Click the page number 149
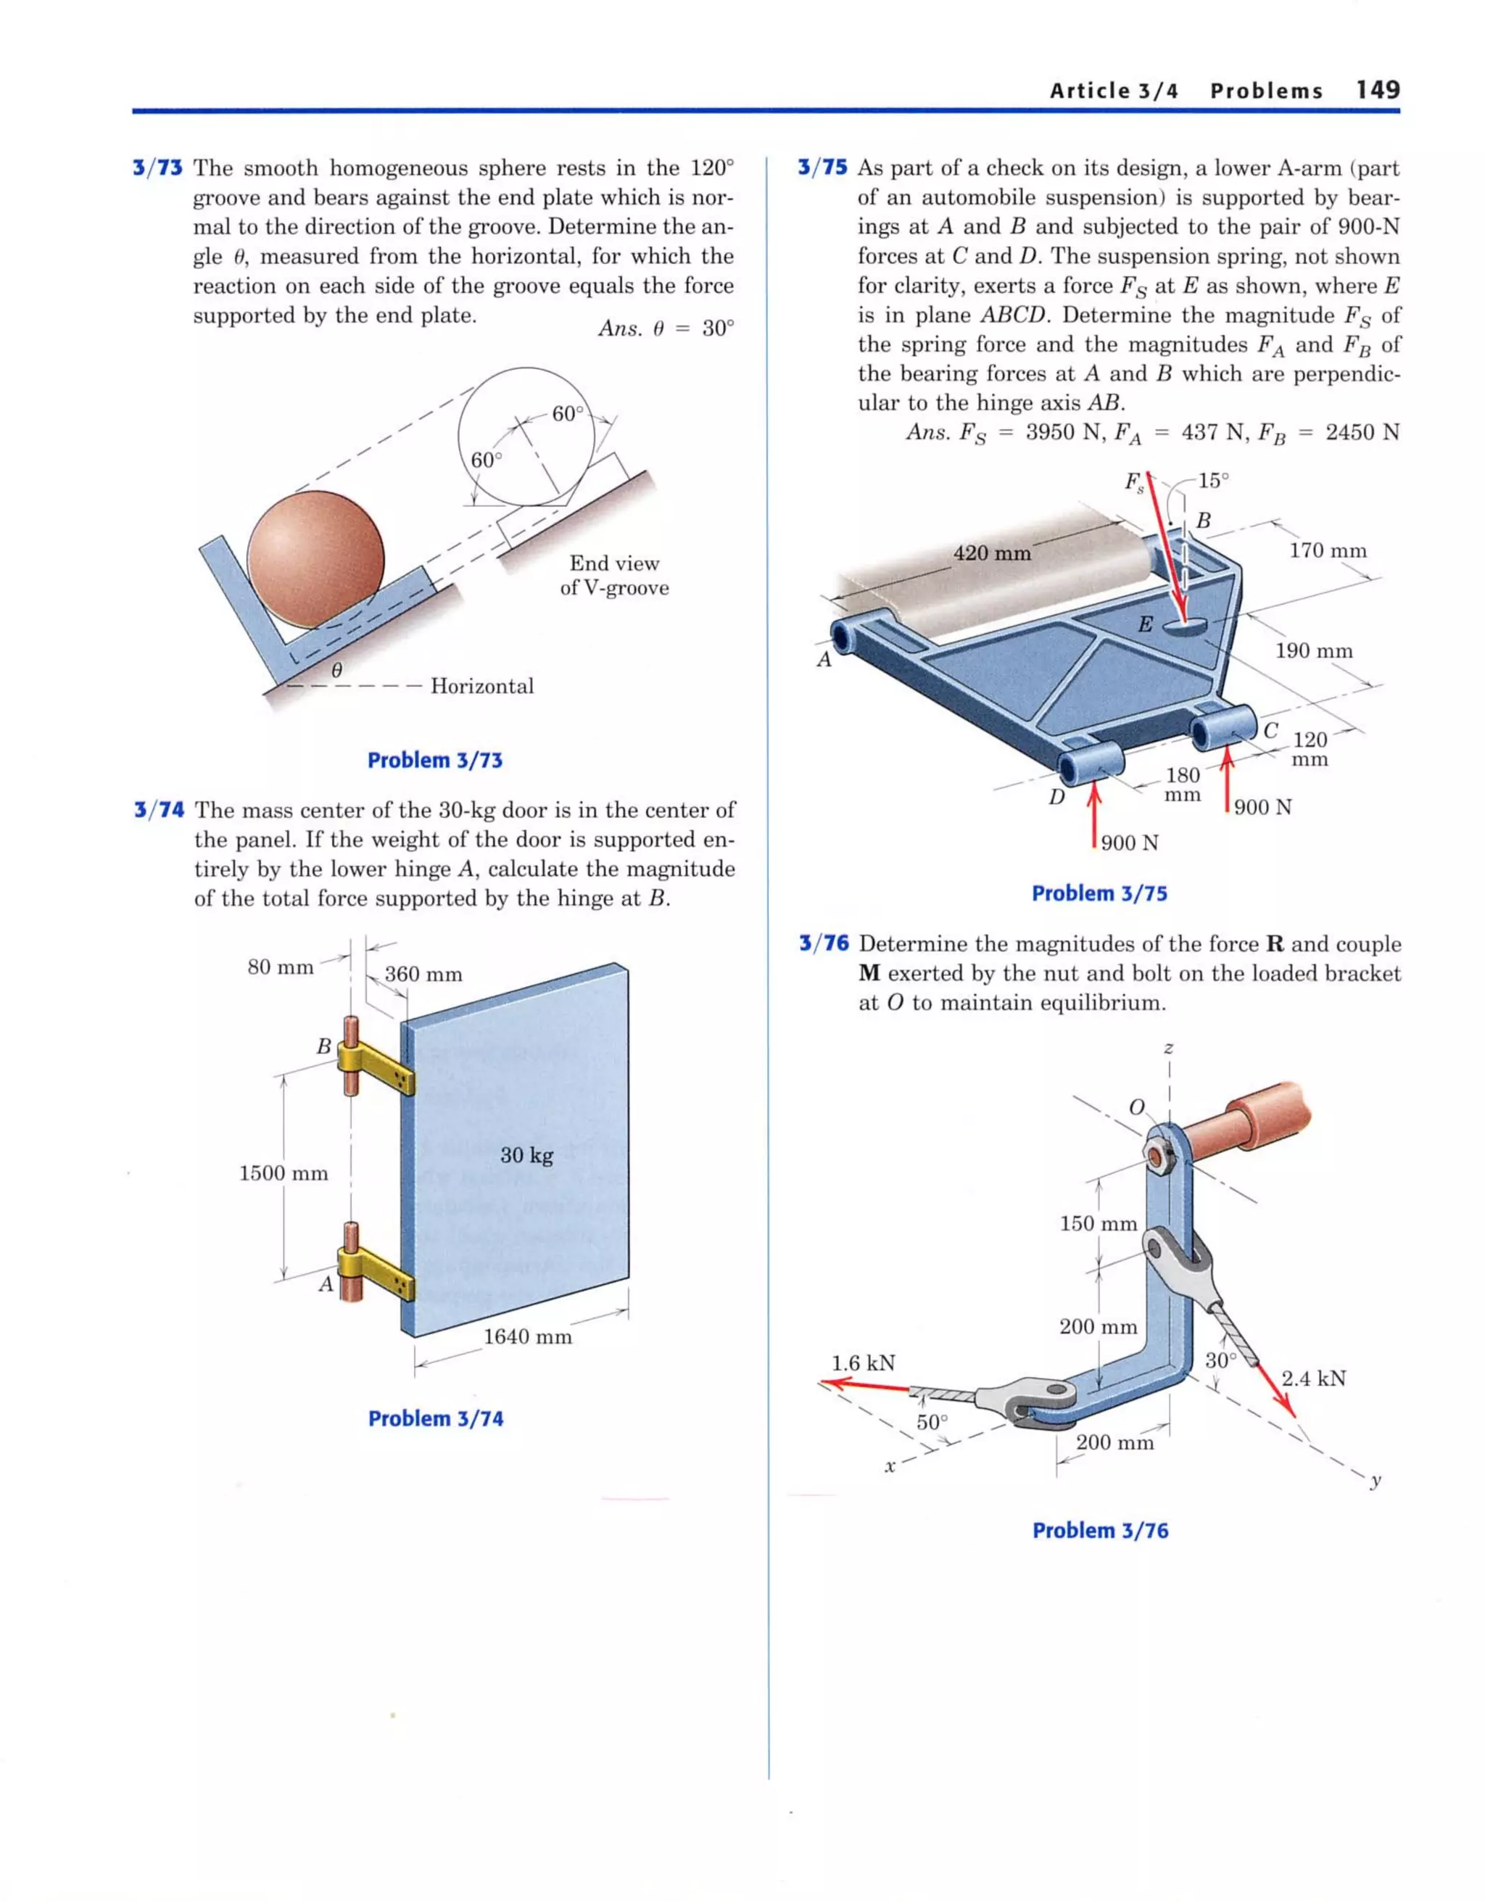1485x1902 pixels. tap(1377, 90)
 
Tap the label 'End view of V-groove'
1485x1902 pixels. tap(614, 576)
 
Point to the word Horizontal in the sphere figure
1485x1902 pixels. tap(481, 686)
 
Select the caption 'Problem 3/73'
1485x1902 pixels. tap(434, 760)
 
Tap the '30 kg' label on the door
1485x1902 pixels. tap(526, 1156)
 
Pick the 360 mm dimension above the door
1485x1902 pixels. tap(423, 975)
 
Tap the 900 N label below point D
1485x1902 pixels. tap(1129, 843)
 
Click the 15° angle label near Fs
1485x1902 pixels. tap(1212, 481)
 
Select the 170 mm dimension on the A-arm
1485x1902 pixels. tap(1328, 550)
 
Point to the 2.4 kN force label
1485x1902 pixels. tap(1312, 1378)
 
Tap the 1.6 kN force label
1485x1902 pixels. tap(863, 1363)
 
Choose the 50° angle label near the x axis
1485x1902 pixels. tap(931, 1422)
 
